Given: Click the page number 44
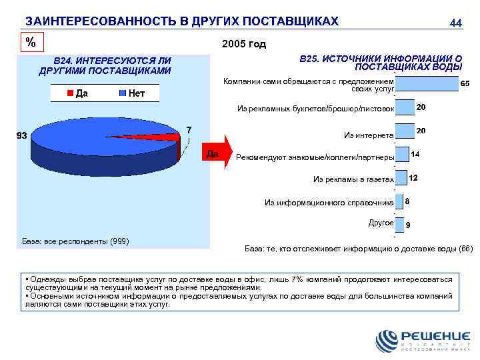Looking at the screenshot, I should (456, 23).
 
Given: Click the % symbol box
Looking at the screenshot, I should (31, 42).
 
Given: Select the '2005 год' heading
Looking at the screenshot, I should (243, 44).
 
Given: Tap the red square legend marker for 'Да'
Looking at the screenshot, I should (69, 93).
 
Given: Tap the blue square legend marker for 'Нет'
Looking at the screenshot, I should (123, 93).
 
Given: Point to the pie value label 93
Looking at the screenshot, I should (21, 136).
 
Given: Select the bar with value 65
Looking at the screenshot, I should (426, 84).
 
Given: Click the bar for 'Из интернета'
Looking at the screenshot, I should (405, 131).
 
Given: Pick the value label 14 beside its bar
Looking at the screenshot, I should (415, 154).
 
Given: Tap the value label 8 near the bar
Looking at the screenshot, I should (407, 201).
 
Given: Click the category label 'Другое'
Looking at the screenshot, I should (381, 223).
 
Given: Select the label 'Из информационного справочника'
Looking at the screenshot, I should (329, 202).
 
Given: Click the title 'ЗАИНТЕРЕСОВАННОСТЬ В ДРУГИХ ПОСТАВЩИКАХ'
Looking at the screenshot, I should (182, 21).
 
